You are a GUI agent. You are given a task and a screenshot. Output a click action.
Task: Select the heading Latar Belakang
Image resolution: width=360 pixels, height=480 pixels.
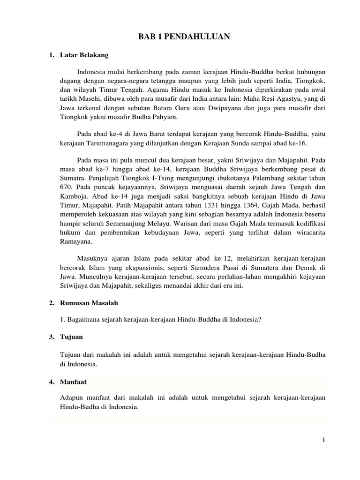[84, 55]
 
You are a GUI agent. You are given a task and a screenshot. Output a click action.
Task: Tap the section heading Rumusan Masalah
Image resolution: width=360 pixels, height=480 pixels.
[87, 303]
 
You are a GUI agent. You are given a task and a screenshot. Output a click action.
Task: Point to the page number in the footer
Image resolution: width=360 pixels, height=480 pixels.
[323, 439]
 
